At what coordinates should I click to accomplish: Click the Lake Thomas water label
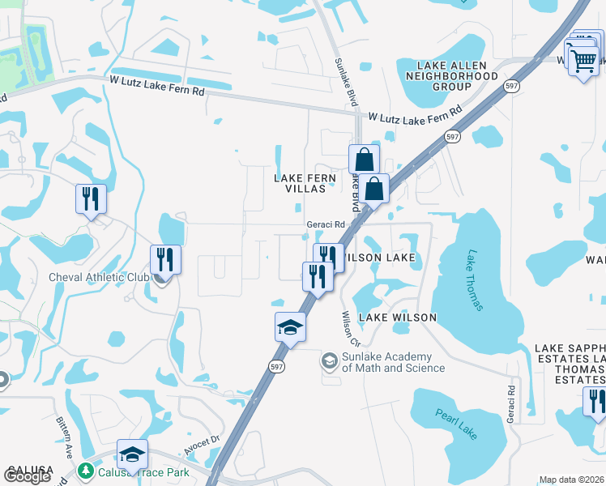tap(475, 280)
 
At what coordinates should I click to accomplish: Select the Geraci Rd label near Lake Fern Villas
tap(326, 225)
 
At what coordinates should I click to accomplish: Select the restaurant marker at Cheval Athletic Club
tap(165, 260)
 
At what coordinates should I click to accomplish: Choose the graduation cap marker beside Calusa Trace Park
tap(133, 454)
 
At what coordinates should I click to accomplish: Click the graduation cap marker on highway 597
tap(290, 327)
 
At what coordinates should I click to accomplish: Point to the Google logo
tap(27, 477)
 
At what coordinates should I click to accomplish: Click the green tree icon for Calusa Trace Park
tap(85, 471)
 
